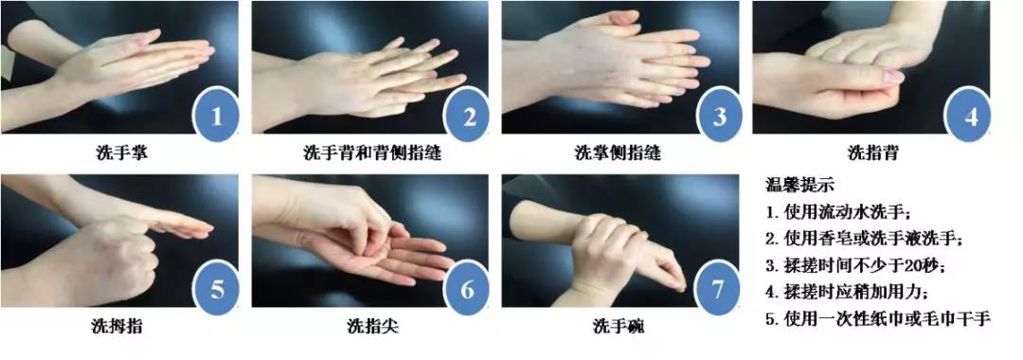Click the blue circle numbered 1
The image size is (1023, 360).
point(216,117)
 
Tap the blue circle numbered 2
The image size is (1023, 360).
point(466,117)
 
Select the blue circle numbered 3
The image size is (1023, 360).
point(718,117)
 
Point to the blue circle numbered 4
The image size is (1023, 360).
point(969,117)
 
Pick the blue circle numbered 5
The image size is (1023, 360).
point(216,288)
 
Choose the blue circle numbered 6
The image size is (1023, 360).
point(466,288)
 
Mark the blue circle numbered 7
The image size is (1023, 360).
point(718,288)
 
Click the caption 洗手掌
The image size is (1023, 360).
point(121,153)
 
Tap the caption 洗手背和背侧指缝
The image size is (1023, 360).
point(372,153)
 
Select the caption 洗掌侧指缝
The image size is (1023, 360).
point(618,153)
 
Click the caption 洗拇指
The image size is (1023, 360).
point(117,326)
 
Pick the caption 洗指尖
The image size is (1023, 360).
point(372,326)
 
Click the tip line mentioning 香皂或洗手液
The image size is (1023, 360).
point(865,239)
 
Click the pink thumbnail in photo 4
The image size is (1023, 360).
point(892,77)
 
